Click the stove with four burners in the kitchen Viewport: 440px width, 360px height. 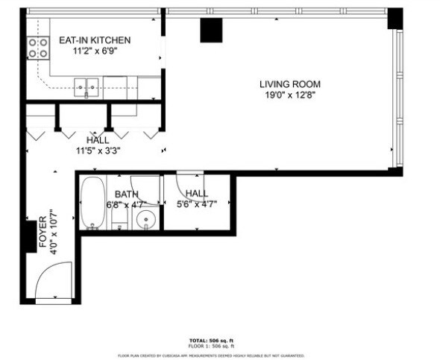(x=37, y=48)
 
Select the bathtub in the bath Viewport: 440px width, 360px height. (x=92, y=202)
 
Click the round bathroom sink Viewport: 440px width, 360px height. (x=145, y=220)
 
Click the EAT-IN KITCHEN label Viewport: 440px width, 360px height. (x=95, y=40)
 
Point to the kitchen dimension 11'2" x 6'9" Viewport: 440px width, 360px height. (x=95, y=52)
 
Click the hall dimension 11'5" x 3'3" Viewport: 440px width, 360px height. (x=97, y=150)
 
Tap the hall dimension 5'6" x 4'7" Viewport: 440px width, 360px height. (x=197, y=204)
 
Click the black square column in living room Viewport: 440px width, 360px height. (x=212, y=30)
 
